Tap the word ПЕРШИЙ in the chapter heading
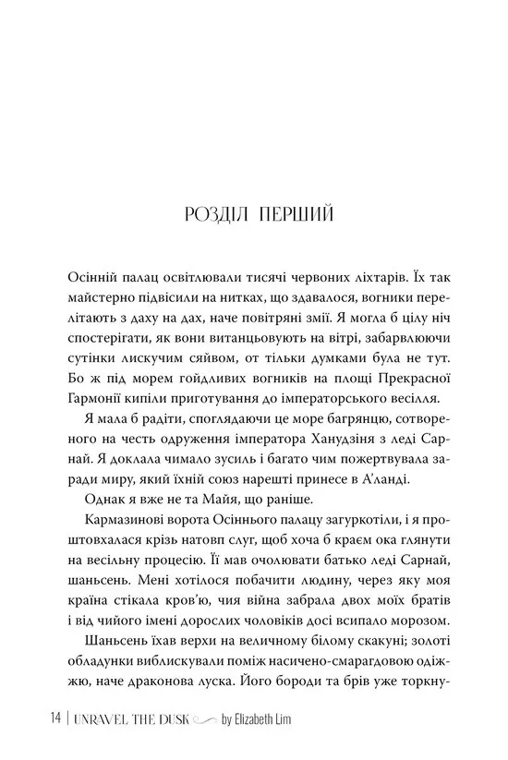click(296, 215)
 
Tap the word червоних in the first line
click(306, 278)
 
